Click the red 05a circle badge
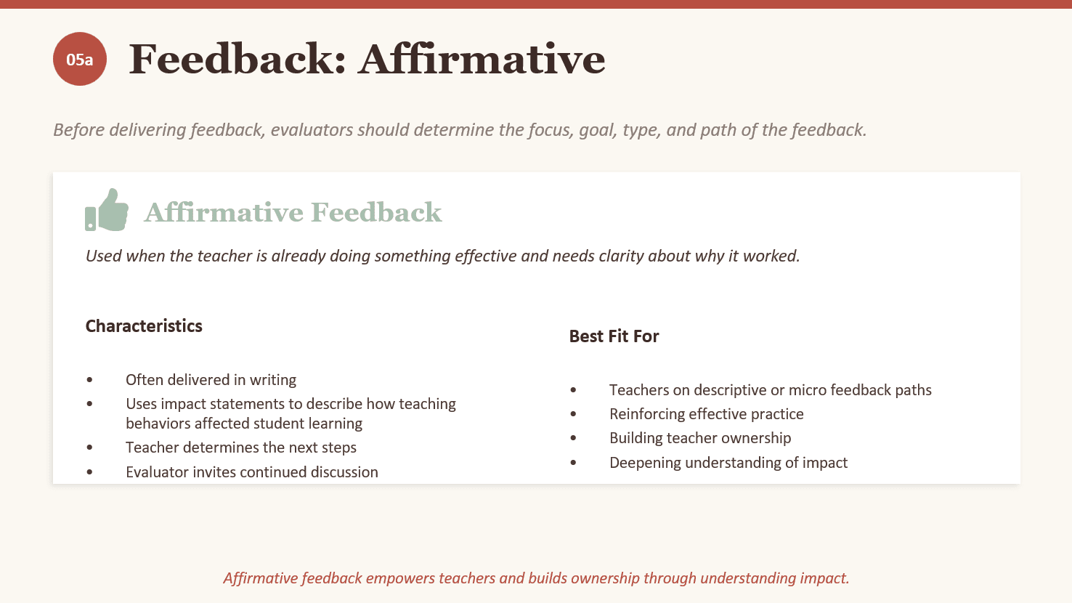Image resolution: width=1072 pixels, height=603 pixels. [79, 59]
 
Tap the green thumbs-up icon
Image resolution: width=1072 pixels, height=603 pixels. [107, 210]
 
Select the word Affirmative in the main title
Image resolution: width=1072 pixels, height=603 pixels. [482, 59]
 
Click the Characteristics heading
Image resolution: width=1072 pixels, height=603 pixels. [144, 326]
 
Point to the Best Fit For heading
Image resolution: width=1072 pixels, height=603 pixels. [614, 336]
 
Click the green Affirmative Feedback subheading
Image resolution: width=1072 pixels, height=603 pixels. [293, 212]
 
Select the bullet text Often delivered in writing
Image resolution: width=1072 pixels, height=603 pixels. [211, 379]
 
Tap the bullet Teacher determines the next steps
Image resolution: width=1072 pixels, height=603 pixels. [241, 447]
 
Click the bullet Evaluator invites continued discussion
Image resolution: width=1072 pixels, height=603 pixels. [252, 472]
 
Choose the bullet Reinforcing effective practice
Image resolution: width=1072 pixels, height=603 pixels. [707, 413]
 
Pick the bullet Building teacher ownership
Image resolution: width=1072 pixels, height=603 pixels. [700, 438]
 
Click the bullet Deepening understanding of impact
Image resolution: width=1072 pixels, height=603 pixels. [728, 462]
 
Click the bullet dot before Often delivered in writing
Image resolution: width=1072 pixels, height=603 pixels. [89, 380]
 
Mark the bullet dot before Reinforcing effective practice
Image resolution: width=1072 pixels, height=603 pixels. [573, 414]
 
